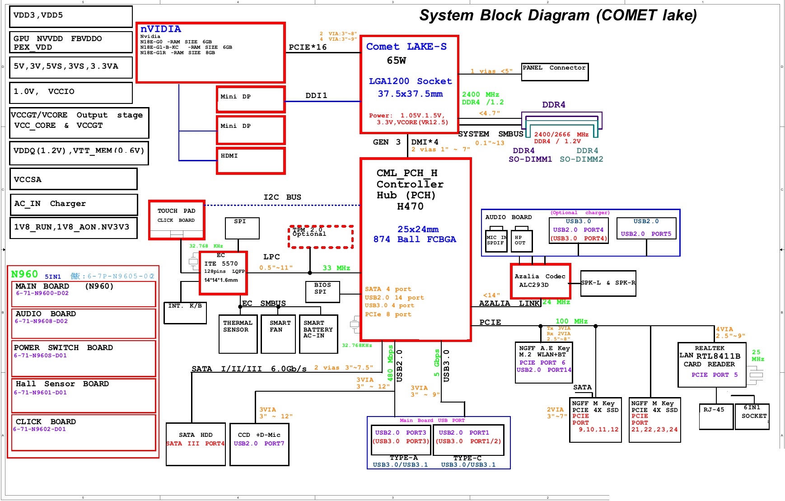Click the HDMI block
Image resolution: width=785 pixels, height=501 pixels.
point(251,160)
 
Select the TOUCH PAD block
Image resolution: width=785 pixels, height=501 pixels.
point(177,220)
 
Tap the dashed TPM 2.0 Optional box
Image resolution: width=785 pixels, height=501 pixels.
point(321,237)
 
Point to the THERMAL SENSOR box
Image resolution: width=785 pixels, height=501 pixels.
point(238,334)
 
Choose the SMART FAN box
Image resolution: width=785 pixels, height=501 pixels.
point(278,334)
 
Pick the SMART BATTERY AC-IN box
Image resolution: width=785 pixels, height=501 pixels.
point(318,334)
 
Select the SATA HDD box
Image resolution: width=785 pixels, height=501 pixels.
point(196,444)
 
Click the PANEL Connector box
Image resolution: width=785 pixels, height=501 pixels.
point(555,72)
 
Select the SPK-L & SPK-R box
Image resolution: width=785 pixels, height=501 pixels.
point(608,283)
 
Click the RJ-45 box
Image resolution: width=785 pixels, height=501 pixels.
point(715,416)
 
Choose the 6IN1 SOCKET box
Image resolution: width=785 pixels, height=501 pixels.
point(752,416)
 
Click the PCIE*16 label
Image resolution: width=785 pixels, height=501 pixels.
point(308,47)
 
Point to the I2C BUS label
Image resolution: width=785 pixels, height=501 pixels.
point(282,197)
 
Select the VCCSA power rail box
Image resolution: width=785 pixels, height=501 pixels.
point(73,179)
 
